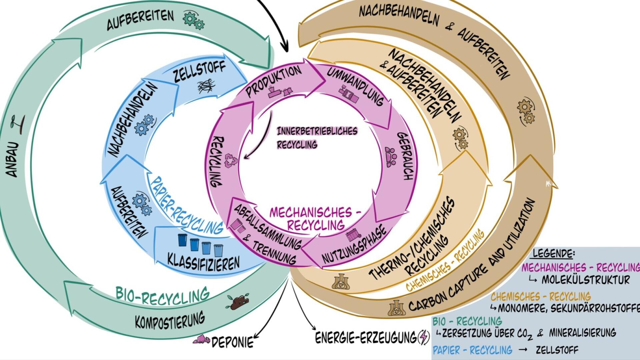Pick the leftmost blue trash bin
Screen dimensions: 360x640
(182, 240)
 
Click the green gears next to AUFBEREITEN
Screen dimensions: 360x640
(194, 20)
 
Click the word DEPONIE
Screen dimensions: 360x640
(232, 342)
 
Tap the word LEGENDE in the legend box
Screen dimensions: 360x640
(554, 253)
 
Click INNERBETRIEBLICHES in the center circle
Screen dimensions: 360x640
(317, 131)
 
